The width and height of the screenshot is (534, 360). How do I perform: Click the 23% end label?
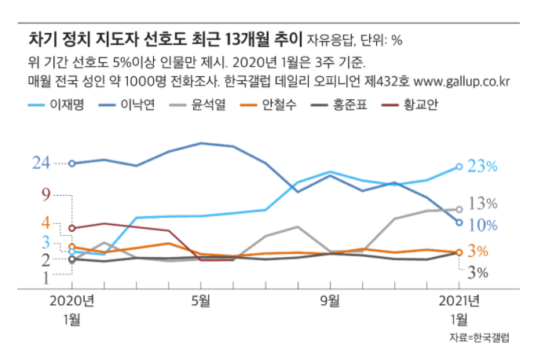click(x=482, y=166)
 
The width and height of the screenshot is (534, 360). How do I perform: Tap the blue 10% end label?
click(x=482, y=225)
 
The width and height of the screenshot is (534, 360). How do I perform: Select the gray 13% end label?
click(x=482, y=204)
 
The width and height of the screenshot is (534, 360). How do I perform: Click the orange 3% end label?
click(x=477, y=252)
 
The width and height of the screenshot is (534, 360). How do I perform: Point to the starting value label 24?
click(x=41, y=163)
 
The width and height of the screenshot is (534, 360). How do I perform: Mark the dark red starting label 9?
click(x=46, y=194)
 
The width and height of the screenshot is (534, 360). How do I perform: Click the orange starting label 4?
click(x=46, y=222)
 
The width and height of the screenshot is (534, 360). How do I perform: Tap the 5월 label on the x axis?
click(x=201, y=300)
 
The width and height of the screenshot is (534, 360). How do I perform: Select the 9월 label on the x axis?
click(x=331, y=300)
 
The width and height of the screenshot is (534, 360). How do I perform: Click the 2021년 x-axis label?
click(x=459, y=300)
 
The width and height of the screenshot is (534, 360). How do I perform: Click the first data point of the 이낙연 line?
click(x=71, y=163)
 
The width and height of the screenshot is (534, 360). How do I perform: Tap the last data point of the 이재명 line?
click(x=459, y=167)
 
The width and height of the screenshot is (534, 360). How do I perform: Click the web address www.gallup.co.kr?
click(x=463, y=81)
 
